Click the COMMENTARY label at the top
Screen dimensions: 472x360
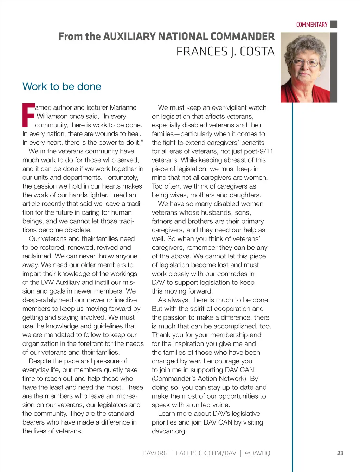pyautogui.click(x=311, y=25)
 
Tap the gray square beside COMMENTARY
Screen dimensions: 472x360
pyautogui.click(x=334, y=24)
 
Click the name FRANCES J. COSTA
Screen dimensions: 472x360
pyautogui.click(x=225, y=52)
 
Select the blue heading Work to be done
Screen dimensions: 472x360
pyautogui.click(x=62, y=86)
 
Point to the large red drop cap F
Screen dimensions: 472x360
pyautogui.click(x=28, y=115)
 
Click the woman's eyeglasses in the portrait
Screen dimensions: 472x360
pyautogui.click(x=305, y=63)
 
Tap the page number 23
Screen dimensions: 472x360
pyautogui.click(x=340, y=453)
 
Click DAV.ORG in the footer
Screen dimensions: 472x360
pyautogui.click(x=155, y=453)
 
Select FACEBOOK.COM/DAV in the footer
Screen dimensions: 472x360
pyautogui.click(x=206, y=453)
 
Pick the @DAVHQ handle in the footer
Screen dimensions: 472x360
pyautogui.click(x=257, y=453)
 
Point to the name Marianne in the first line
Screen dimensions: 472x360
pyautogui.click(x=123, y=107)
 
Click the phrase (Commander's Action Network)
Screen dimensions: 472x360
pyautogui.click(x=200, y=379)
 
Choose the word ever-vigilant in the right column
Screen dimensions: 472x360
pyautogui.click(x=223, y=107)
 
